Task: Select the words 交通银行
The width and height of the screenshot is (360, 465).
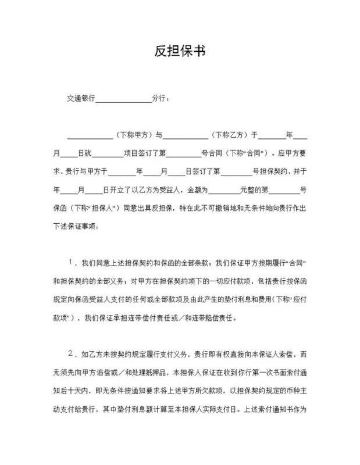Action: [x=81, y=99]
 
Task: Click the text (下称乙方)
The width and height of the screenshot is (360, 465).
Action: [x=229, y=135]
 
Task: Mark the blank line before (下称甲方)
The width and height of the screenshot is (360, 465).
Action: [x=90, y=137]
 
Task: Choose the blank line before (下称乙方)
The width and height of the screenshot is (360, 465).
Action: [x=185, y=137]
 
